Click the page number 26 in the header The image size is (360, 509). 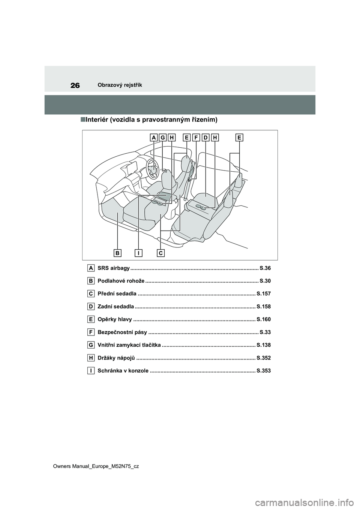75,85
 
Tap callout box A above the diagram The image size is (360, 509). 154,138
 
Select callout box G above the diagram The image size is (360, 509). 163,138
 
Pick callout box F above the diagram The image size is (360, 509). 196,138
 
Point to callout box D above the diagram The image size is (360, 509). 205,138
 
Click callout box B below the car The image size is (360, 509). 118,253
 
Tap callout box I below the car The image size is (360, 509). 138,253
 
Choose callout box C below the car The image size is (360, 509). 160,253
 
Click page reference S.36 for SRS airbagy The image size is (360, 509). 265,268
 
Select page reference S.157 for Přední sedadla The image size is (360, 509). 264,293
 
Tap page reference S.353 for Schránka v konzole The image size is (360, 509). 264,371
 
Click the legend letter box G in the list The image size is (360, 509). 91,345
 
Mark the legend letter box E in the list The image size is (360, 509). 91,319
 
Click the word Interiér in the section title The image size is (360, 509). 97,120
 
